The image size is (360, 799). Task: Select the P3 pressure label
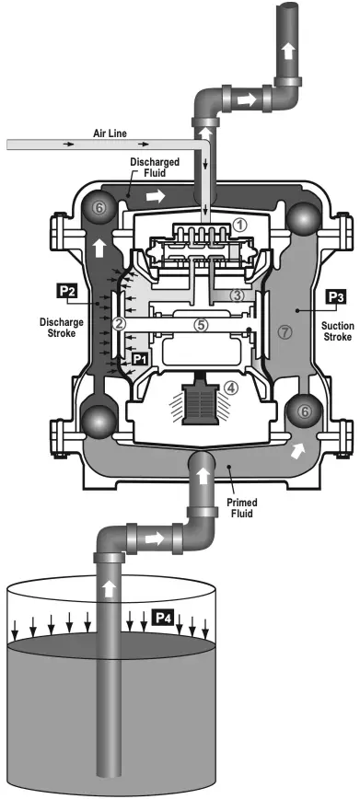(335, 297)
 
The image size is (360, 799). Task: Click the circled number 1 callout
(238, 224)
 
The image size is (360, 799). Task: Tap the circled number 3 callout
(238, 295)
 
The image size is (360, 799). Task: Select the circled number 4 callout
(231, 388)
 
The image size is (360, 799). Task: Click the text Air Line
(108, 133)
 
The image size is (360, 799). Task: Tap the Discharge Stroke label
(62, 328)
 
